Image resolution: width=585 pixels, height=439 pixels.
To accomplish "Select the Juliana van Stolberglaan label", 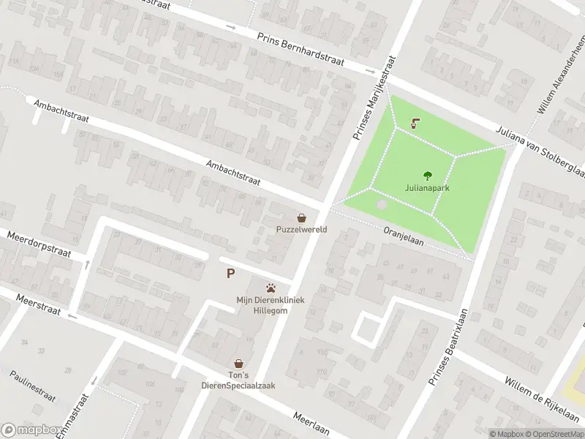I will point(540,150).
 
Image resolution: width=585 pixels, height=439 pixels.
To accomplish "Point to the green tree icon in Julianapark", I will point(427,175).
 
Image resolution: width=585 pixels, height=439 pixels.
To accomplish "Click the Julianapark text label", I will point(427,188).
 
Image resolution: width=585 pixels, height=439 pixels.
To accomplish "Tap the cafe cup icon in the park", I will point(416,123).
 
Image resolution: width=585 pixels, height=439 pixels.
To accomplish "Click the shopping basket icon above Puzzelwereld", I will point(301,217).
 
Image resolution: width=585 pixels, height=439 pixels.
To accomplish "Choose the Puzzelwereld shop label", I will point(301,230).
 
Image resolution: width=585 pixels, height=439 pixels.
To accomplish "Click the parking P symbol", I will point(231,274).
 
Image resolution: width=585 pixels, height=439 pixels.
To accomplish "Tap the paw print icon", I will point(271,288).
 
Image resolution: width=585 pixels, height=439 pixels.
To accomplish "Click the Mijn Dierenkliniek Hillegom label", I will point(271,305).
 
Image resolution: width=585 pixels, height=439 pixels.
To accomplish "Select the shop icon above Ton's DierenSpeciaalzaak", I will point(238,363).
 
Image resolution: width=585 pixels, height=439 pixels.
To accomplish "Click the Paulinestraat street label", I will point(33,385).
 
